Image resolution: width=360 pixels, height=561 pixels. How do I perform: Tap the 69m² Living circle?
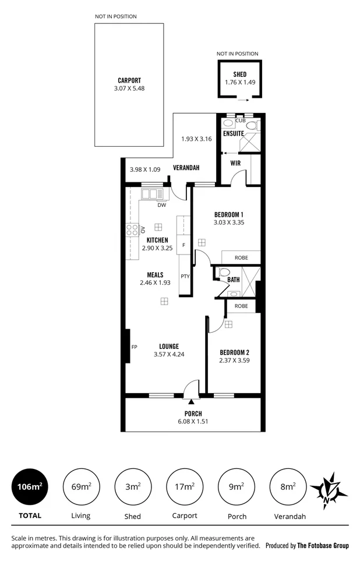point(81,486)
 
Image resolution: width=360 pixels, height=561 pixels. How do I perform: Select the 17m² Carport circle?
point(185,486)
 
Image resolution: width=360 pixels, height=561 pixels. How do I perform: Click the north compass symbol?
point(329,489)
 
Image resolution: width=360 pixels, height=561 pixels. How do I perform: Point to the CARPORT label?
point(129,80)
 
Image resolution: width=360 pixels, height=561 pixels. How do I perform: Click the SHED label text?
point(240,75)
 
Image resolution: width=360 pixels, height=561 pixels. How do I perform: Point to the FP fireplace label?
point(134,347)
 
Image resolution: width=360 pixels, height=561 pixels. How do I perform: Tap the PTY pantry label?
point(185,276)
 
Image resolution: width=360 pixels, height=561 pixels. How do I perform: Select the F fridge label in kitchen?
point(183,245)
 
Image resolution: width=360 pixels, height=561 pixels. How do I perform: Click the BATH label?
point(234,280)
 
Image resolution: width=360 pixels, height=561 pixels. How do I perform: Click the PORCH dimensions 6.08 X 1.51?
point(192,421)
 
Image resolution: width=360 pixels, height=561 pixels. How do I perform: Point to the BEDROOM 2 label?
point(234,352)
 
